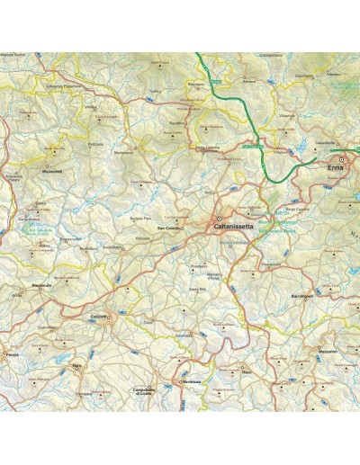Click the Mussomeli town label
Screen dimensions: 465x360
click(51, 172)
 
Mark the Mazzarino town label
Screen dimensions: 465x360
click(326, 351)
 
